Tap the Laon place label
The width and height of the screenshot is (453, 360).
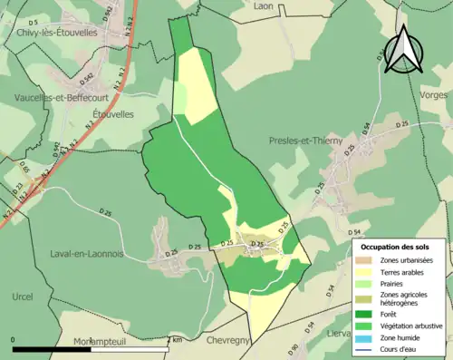click(x=264, y=5)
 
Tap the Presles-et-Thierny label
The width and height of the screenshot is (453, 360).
click(x=306, y=141)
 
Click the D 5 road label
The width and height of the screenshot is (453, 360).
click(x=33, y=21)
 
